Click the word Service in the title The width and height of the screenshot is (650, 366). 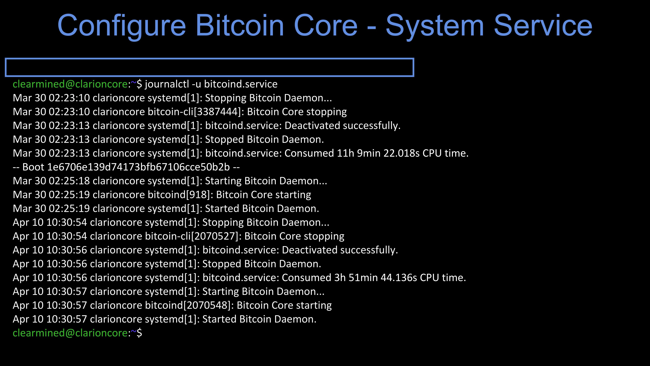coord(543,25)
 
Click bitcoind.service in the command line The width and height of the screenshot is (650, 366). coord(241,84)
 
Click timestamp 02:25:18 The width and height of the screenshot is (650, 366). coord(69,181)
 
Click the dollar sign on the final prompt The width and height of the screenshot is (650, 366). coord(139,333)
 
